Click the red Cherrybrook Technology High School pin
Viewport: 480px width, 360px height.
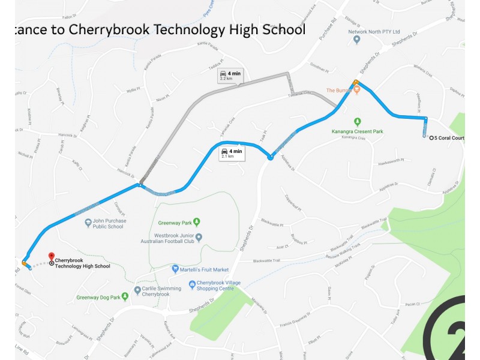coord(51,257)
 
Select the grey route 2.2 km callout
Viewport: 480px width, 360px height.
coord(230,75)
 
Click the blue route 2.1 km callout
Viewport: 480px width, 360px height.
coord(232,153)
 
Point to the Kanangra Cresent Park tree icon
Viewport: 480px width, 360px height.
coord(358,121)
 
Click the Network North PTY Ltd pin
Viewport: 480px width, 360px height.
coord(357,40)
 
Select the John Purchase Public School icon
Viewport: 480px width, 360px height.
coord(88,223)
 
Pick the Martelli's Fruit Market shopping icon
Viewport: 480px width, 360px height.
coord(175,269)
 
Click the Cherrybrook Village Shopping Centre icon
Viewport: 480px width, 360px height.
coord(192,284)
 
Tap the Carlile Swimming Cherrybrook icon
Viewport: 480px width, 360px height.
coord(137,290)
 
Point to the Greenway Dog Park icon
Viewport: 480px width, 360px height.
coord(125,296)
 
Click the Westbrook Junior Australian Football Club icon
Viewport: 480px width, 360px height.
coord(199,237)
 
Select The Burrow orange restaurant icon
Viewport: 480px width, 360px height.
coord(356,90)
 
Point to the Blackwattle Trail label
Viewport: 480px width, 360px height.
coord(267,261)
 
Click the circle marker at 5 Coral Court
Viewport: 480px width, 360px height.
coord(431,138)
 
